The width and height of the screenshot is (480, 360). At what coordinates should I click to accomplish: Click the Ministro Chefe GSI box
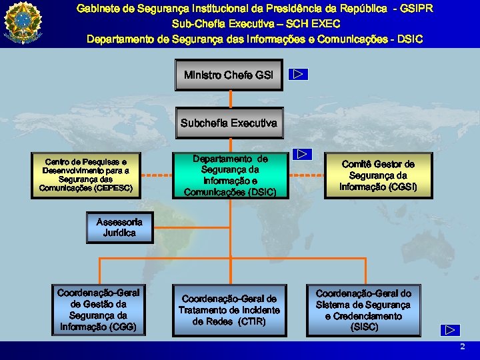229,75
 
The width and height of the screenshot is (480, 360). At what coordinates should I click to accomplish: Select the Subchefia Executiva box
229,123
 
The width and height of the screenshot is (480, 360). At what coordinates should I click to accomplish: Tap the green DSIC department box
230,175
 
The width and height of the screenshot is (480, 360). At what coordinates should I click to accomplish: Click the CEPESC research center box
85,175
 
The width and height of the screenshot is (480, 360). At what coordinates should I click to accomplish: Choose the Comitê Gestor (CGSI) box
378,175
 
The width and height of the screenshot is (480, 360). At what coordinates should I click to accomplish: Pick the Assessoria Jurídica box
119,227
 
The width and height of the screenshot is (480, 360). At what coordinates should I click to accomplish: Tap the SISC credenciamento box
363,310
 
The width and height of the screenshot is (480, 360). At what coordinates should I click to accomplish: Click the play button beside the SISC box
451,329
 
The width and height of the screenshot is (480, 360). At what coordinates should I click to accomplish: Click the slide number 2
462,347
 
